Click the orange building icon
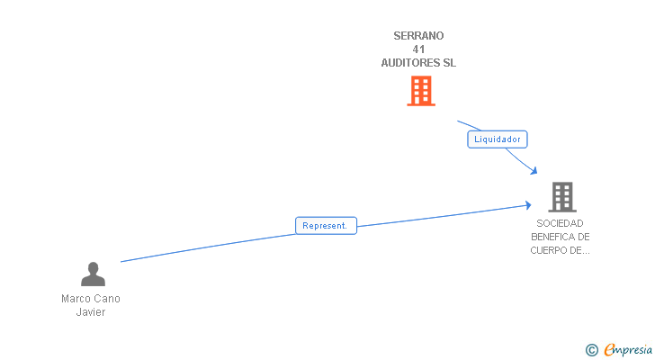point(420,91)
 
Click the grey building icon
point(561,196)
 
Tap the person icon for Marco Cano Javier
point(93,274)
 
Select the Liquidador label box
point(497,139)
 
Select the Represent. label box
point(326,226)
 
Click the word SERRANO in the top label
point(418,36)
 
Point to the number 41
point(418,49)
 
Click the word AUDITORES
point(410,63)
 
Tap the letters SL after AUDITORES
point(449,63)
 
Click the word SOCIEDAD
point(560,223)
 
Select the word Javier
point(91,312)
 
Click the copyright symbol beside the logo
point(591,350)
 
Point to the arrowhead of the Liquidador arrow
point(535,172)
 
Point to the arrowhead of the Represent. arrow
point(528,205)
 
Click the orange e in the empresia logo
point(609,350)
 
